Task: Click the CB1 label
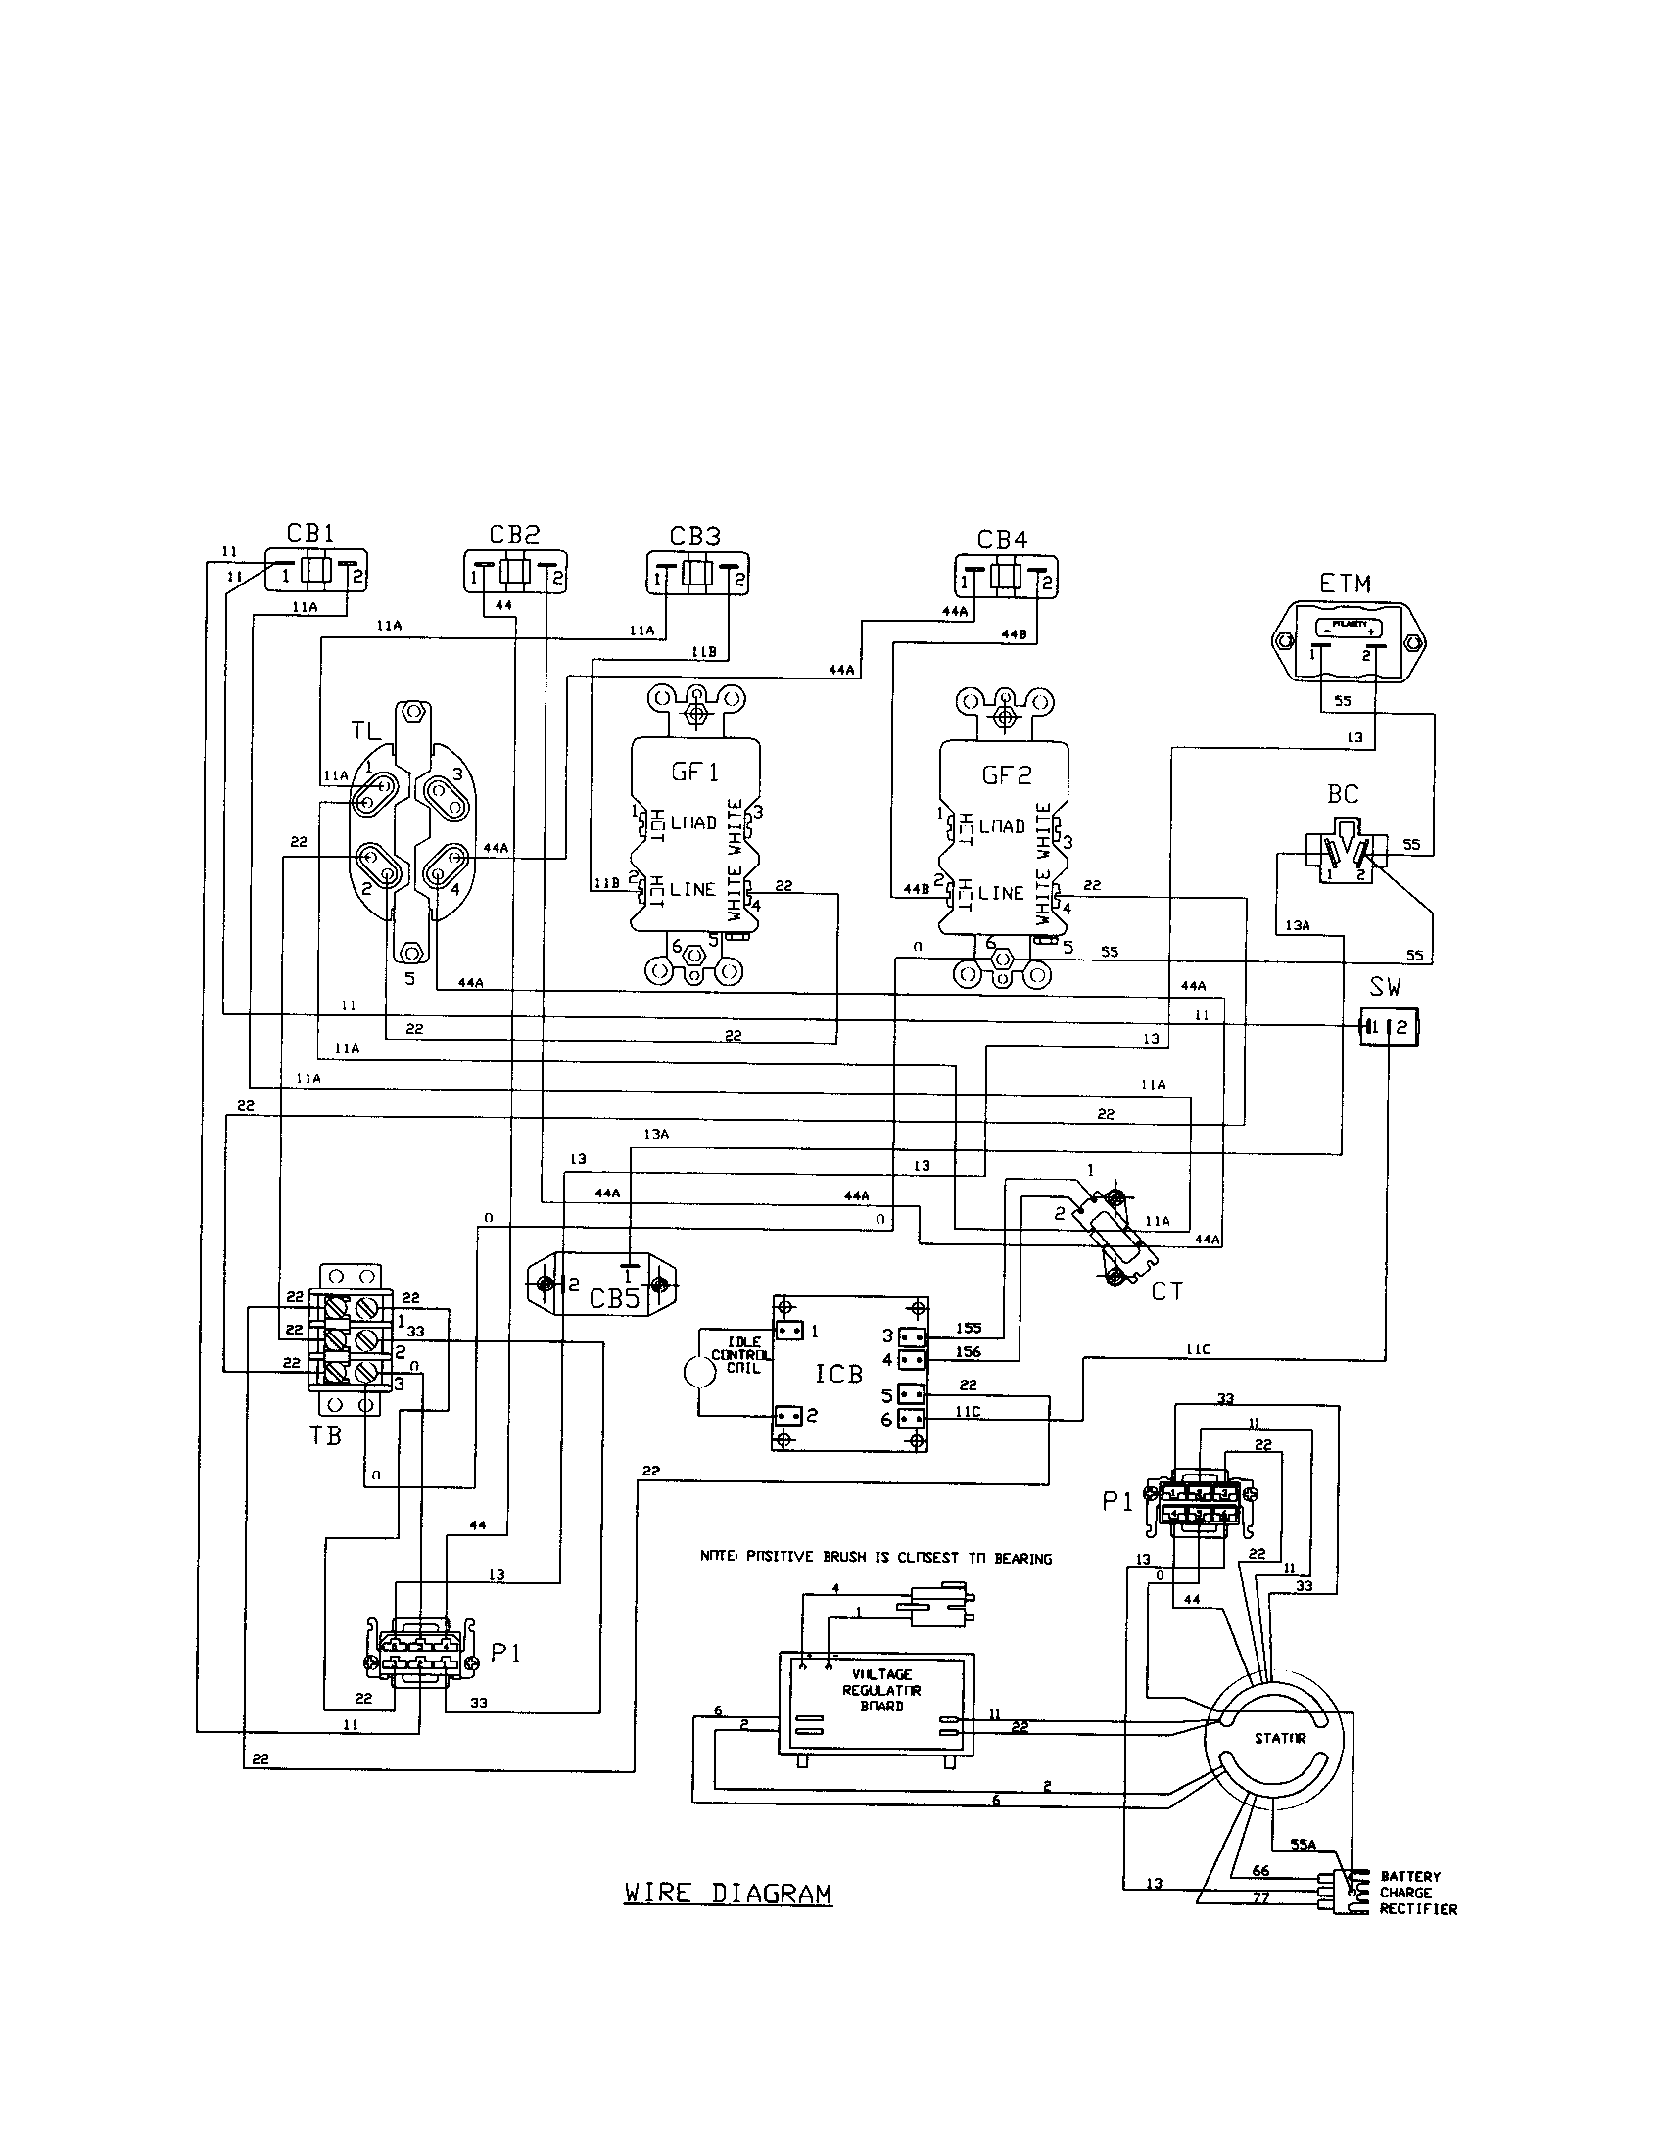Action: (x=310, y=534)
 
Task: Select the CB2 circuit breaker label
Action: (x=514, y=536)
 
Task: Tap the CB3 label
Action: (x=694, y=537)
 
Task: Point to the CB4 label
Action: (x=1002, y=540)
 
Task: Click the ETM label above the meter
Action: (x=1345, y=584)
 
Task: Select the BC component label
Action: (x=1343, y=794)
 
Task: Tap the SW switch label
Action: (x=1385, y=987)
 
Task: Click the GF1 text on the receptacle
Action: (x=694, y=773)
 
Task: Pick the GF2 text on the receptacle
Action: (x=1005, y=775)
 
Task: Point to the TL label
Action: (x=366, y=731)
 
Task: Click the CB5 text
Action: (x=614, y=1299)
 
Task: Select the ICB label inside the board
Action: (x=838, y=1374)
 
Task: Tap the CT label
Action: (x=1166, y=1291)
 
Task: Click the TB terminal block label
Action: (x=325, y=1435)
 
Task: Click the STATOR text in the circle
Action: (x=1280, y=1739)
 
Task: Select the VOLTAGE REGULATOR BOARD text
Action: (x=881, y=1691)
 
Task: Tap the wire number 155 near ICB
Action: (x=968, y=1329)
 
